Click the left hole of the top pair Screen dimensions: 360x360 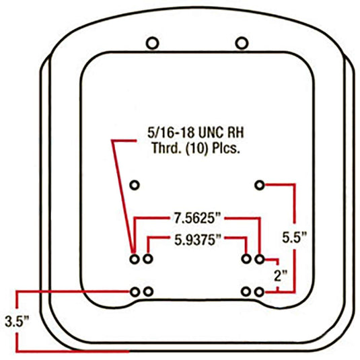pos(153,42)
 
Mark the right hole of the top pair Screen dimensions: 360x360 pos(242,42)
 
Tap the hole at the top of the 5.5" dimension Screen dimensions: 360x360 pos(260,184)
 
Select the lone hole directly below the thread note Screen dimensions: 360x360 pos(135,184)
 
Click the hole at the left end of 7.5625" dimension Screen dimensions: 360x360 pos(135,258)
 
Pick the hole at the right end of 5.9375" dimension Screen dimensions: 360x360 pos(247,258)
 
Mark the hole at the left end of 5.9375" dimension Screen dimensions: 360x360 pos(148,258)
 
